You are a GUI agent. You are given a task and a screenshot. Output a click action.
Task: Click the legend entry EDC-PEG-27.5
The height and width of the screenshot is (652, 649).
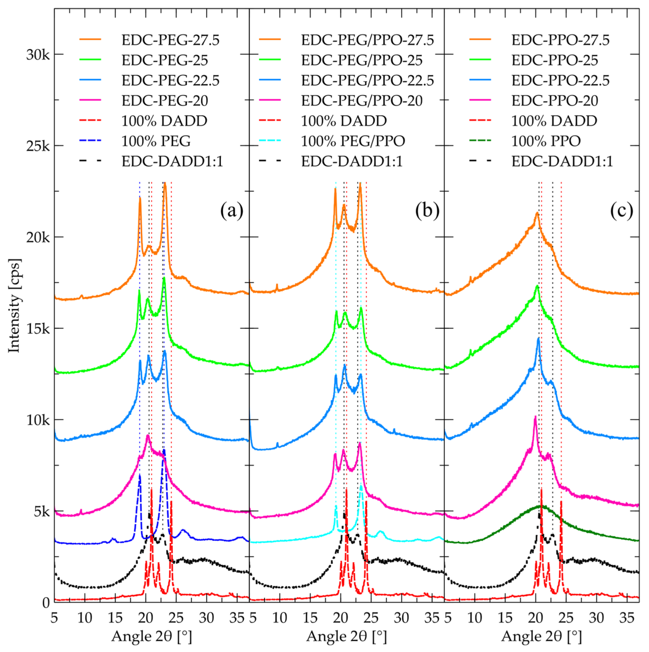tap(171, 40)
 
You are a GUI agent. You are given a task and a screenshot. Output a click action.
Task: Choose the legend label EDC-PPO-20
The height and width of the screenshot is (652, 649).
tap(555, 100)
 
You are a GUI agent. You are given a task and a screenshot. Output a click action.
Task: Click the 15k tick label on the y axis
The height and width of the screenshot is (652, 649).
tap(37, 329)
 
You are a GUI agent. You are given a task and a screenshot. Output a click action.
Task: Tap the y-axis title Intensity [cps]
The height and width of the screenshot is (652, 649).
tap(14, 305)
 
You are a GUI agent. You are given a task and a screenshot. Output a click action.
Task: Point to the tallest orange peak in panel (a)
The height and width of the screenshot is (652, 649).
tap(165, 184)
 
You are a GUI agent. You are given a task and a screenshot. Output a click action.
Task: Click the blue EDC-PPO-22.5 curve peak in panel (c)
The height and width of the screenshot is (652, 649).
tap(538, 338)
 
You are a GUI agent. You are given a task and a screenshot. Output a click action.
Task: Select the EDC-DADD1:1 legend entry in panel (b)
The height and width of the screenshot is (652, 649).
tap(352, 162)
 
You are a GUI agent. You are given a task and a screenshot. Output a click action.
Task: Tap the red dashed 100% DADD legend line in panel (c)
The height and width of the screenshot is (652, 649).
tap(480, 121)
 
